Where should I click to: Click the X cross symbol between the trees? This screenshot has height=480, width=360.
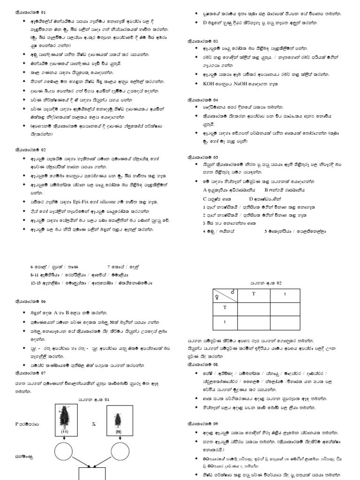tap(93, 423)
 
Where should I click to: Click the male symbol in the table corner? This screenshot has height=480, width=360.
tap(232, 292)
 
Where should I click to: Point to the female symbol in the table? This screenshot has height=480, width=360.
tap(217, 297)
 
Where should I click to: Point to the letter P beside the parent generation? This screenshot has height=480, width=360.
tap(17, 423)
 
